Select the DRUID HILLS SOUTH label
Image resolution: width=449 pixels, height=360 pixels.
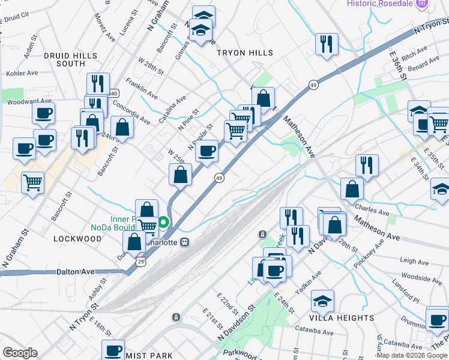[70, 59]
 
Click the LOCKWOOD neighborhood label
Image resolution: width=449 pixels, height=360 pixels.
[77, 238]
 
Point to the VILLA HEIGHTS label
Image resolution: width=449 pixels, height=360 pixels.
[342, 317]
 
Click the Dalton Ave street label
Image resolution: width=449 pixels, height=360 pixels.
[76, 272]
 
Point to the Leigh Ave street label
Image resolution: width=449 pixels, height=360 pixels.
[414, 262]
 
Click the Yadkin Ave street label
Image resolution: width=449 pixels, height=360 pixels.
[312, 279]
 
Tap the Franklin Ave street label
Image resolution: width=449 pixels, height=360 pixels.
[142, 88]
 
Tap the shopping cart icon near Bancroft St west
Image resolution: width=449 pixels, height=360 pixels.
[32, 182]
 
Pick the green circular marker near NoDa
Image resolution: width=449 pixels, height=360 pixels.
[163, 226]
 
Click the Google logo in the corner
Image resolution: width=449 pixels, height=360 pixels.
[20, 353]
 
